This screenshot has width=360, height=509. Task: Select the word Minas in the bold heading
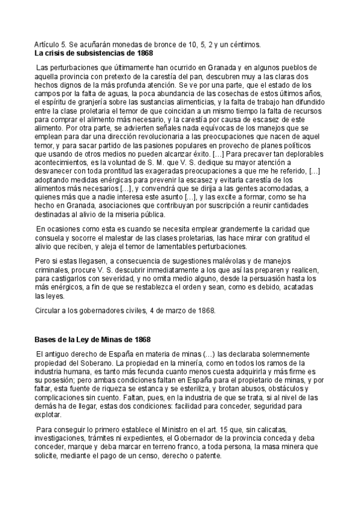point(103,340)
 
